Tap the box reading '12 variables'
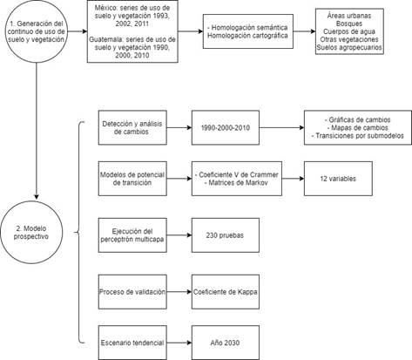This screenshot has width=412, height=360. point(338,179)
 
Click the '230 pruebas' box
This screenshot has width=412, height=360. point(226,235)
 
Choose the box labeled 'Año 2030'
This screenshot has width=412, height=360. point(226,343)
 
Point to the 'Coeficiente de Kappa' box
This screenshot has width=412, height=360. point(226,292)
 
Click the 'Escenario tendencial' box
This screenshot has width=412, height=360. point(132,343)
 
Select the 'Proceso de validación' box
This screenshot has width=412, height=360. point(132,292)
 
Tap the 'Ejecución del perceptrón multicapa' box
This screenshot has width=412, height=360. point(132,235)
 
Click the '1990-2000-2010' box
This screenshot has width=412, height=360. point(226,127)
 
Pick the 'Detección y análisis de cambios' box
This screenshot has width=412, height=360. point(132,127)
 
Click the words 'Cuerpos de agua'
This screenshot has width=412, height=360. point(349,31)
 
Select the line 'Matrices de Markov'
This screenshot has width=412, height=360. point(238,183)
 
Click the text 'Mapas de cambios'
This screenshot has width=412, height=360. point(360,127)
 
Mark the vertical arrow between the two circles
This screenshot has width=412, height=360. point(37,131)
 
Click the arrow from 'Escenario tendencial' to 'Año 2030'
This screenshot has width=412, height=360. point(179,343)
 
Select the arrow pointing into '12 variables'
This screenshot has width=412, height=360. point(293,179)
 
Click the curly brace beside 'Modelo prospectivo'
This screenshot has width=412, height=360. point(79,232)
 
